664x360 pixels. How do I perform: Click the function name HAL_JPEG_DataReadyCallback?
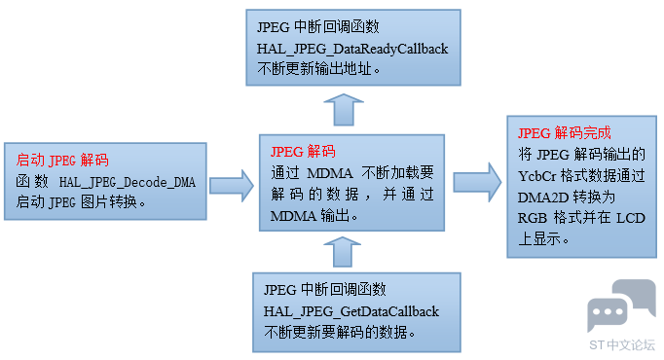click(x=352, y=49)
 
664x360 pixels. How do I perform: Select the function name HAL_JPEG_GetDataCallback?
click(x=351, y=311)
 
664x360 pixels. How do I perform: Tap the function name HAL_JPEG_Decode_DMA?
click(x=128, y=182)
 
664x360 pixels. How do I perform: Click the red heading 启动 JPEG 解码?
click(x=62, y=161)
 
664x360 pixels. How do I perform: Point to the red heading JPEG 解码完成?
click(x=565, y=133)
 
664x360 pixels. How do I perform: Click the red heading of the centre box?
click(x=303, y=152)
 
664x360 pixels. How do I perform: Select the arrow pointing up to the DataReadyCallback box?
click(x=344, y=110)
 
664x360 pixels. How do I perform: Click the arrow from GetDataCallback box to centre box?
click(x=342, y=252)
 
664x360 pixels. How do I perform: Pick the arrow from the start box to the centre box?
click(x=232, y=186)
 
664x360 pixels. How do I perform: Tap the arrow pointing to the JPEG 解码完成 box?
click(x=477, y=182)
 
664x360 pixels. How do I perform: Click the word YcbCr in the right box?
click(x=537, y=176)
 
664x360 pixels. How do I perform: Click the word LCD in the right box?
click(x=631, y=218)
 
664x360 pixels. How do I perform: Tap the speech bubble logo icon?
click(x=621, y=306)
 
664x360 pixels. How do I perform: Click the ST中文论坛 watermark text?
click(x=622, y=345)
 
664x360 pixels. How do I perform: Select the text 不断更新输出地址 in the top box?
click(x=318, y=68)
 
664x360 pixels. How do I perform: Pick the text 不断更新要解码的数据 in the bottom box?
click(x=340, y=332)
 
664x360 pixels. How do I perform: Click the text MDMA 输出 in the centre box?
click(x=314, y=216)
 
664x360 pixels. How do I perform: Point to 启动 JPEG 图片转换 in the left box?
click(x=81, y=202)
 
